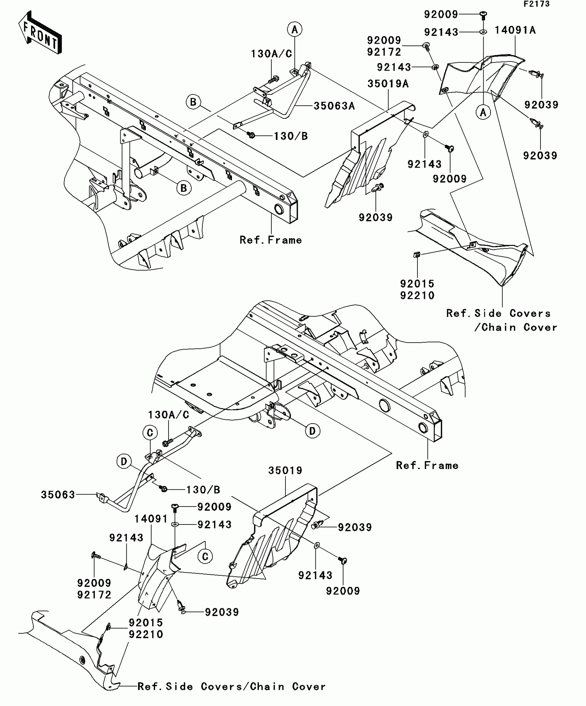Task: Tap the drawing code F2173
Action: pos(536,4)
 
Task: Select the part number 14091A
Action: pos(515,30)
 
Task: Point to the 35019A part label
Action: pos(388,84)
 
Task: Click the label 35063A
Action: pos(334,106)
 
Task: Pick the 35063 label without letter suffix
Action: pos(58,495)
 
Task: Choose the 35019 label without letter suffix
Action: pos(285,470)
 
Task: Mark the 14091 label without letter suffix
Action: pos(151,519)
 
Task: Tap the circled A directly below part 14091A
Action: pos(483,112)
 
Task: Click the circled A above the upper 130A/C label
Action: pos(295,30)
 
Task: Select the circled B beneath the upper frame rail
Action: pos(184,188)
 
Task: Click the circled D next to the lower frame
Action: pos(312,431)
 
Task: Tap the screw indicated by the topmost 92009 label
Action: pos(483,14)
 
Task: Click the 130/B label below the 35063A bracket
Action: pos(291,136)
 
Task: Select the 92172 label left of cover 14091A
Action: pos(384,52)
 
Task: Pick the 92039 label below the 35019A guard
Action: pos(376,218)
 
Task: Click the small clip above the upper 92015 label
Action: pos(417,255)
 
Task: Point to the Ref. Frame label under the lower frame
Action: pos(427,466)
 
